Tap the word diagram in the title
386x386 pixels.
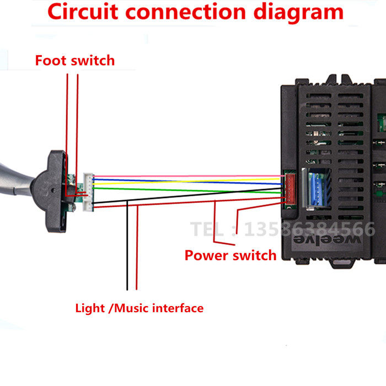(297, 12)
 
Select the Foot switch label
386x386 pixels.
(75, 60)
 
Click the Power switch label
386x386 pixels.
(230, 255)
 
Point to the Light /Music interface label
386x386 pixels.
(139, 308)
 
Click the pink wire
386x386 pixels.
(187, 176)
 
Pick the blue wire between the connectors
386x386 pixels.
(187, 180)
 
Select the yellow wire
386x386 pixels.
(187, 184)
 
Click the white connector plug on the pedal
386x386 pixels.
(88, 191)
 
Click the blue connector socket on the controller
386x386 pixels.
(318, 188)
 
